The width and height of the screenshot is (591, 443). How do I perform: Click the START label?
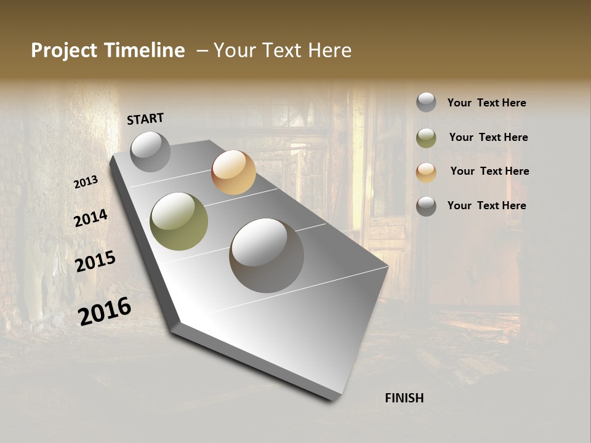145,119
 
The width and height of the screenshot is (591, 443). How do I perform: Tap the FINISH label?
404,398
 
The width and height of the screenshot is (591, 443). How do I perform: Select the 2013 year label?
86,182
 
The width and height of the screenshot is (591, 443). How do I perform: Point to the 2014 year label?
90,218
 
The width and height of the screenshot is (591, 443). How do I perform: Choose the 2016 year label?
105,311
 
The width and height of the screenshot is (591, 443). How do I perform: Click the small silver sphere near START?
150,151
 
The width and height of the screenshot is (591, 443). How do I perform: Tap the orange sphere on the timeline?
233,172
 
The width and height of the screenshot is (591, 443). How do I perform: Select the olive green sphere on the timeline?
179,221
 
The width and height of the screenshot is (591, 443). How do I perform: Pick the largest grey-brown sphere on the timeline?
267,255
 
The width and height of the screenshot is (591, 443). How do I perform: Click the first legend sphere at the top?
426,102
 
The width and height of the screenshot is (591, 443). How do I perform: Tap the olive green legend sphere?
426,138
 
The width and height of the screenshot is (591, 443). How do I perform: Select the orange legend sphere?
426,172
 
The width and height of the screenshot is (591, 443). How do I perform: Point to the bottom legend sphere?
426,206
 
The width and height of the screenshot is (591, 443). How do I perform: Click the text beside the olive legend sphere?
488,137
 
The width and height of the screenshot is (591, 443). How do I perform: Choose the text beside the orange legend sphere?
489,171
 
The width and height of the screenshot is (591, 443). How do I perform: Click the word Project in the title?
64,50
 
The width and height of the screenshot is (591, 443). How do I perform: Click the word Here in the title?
329,50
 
